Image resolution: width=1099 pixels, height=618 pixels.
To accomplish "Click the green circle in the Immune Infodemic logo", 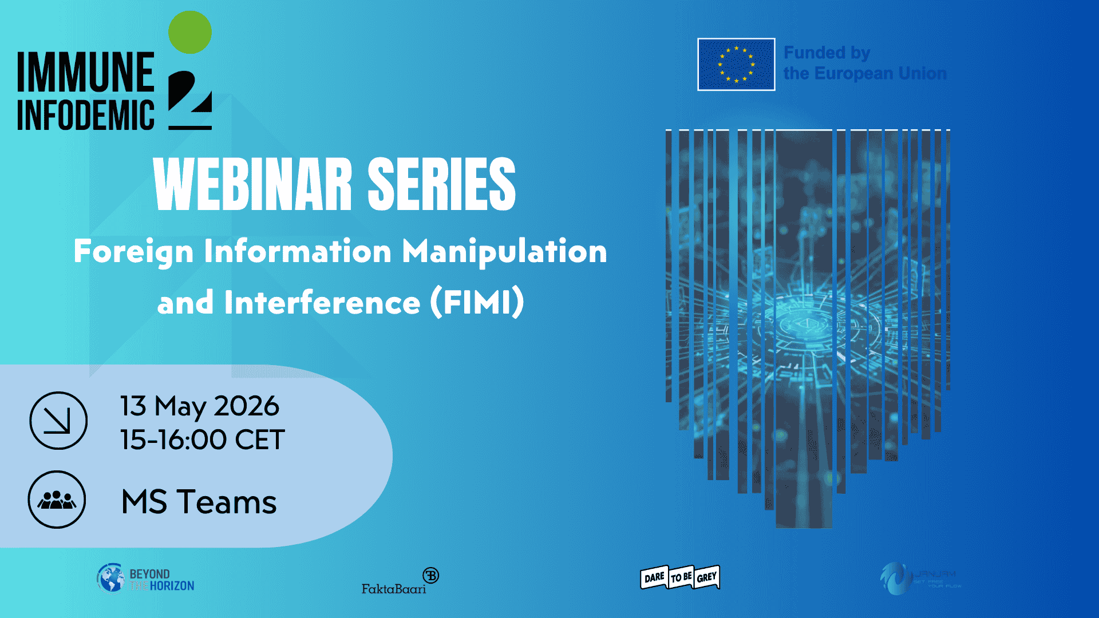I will click(x=190, y=33).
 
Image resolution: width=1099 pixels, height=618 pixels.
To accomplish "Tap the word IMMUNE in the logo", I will click(x=86, y=73).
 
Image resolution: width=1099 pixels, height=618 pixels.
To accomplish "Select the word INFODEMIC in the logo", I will click(x=86, y=116).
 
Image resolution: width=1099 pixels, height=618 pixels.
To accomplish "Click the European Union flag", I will click(x=736, y=65).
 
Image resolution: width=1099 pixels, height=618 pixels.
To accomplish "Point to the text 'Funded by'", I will click(x=827, y=53).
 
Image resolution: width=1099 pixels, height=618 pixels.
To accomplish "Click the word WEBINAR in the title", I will click(x=252, y=185).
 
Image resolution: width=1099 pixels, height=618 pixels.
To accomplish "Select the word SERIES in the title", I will click(x=441, y=185).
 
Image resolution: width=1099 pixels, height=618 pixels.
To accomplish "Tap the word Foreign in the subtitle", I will click(x=134, y=252).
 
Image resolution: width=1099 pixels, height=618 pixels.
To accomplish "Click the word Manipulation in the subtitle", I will click(x=504, y=252).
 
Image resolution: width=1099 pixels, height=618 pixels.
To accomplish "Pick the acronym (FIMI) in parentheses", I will click(x=477, y=302).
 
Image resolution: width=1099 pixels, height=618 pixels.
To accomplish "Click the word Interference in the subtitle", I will click(x=322, y=302).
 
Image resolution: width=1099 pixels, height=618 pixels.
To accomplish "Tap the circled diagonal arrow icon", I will click(x=58, y=421).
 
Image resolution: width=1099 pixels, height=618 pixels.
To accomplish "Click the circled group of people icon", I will click(x=57, y=500).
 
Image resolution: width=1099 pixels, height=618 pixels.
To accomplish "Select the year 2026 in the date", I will click(x=246, y=406).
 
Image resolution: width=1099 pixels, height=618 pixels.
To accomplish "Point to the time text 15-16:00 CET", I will click(x=202, y=440).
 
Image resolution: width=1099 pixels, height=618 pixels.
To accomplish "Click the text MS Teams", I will click(x=199, y=502).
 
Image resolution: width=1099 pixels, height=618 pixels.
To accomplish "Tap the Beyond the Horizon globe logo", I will click(x=110, y=578).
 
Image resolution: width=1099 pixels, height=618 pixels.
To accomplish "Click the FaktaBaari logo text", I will click(x=394, y=588).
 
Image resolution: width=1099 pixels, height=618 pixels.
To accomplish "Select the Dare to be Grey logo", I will click(x=679, y=577).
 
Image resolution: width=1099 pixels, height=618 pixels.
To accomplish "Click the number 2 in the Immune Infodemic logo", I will click(x=190, y=100).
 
